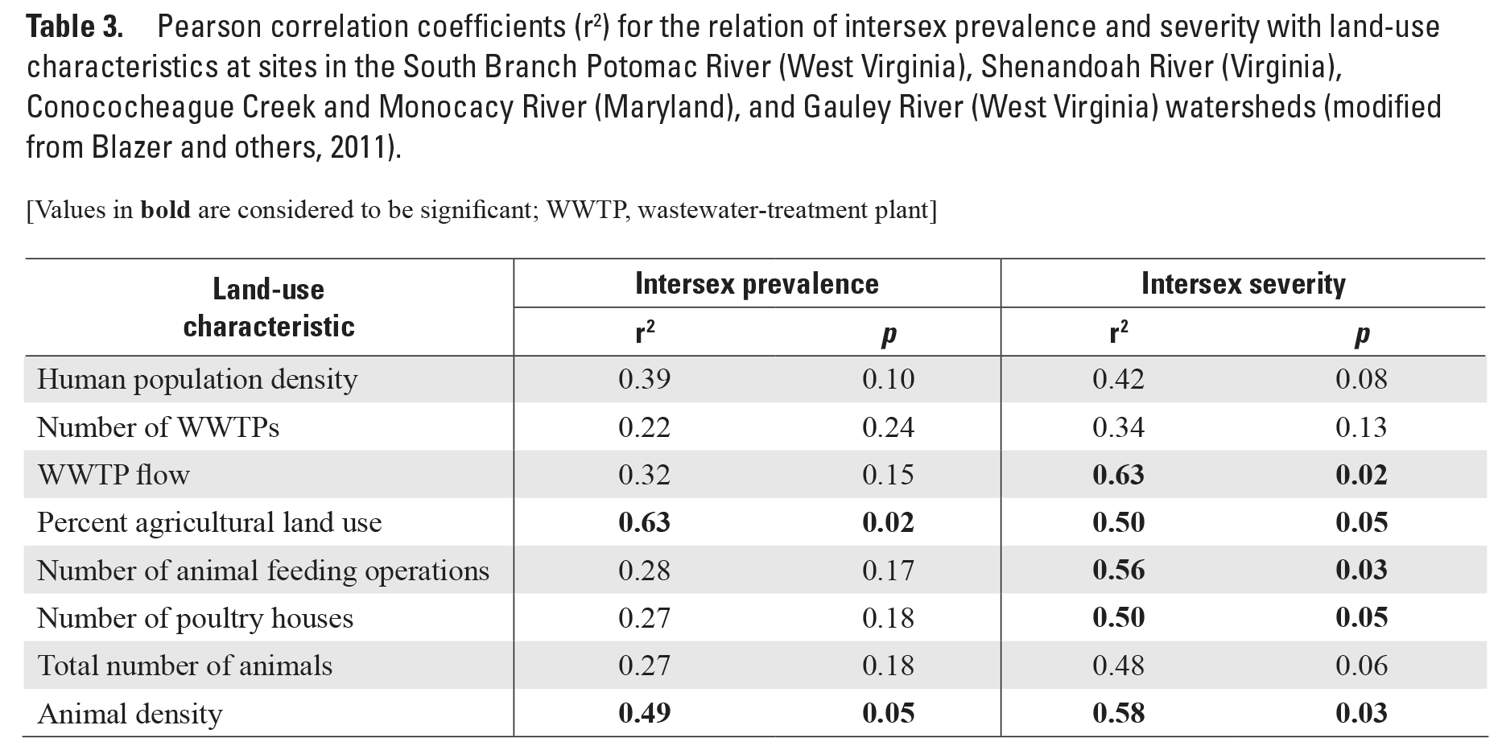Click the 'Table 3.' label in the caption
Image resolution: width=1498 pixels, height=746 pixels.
[x=75, y=28]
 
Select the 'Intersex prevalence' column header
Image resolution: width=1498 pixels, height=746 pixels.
[x=756, y=284]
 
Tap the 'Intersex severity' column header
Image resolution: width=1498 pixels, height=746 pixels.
[x=1243, y=284]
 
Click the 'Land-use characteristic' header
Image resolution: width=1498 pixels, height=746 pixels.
[x=269, y=308]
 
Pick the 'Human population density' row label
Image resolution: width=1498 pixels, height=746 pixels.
[x=197, y=380]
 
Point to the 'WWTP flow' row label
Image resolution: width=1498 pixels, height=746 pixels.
[x=113, y=475]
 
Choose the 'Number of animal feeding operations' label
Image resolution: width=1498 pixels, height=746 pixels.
[x=263, y=571]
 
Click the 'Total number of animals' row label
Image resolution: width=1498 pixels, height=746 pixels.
[x=185, y=666]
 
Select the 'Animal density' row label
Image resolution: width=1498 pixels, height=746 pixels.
[x=130, y=714]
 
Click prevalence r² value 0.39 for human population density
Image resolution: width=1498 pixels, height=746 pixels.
[x=644, y=380]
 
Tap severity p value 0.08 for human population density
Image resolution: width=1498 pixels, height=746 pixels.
[x=1361, y=380]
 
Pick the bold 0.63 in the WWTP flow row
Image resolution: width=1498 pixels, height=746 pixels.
[x=1118, y=475]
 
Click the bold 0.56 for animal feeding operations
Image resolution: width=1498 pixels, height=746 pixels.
[x=1118, y=571]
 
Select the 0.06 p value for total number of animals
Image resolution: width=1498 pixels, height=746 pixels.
[x=1361, y=666]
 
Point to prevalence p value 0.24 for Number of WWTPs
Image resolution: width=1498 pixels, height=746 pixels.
[x=888, y=427]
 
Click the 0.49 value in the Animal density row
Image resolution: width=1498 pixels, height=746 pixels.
[x=644, y=714]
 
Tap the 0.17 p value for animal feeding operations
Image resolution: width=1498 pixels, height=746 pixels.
[x=888, y=571]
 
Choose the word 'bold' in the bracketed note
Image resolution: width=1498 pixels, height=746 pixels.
[x=165, y=211]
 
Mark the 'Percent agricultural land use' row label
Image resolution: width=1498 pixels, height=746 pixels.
[x=209, y=523]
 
